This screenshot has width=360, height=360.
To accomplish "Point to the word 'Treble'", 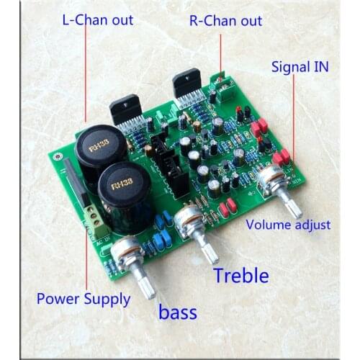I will tap(241, 275).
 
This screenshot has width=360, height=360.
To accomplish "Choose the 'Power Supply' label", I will tap(84, 298).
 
